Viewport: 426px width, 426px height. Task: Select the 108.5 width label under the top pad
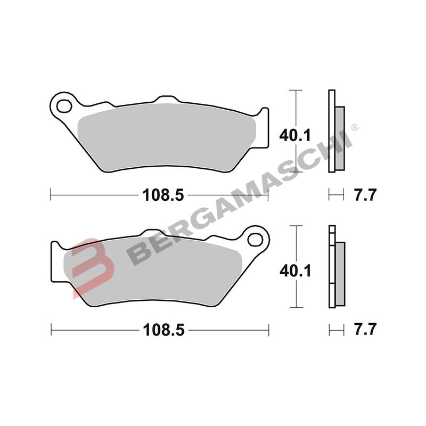click(x=163, y=195)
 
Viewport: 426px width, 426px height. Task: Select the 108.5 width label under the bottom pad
click(x=163, y=330)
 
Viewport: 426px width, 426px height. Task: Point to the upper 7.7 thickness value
click(x=365, y=195)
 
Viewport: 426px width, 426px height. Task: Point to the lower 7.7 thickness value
click(x=365, y=330)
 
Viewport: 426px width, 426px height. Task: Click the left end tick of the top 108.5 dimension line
click(x=51, y=195)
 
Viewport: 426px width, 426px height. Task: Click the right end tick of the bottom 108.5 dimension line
click(x=269, y=330)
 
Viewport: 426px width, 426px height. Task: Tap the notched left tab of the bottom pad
click(x=55, y=261)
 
